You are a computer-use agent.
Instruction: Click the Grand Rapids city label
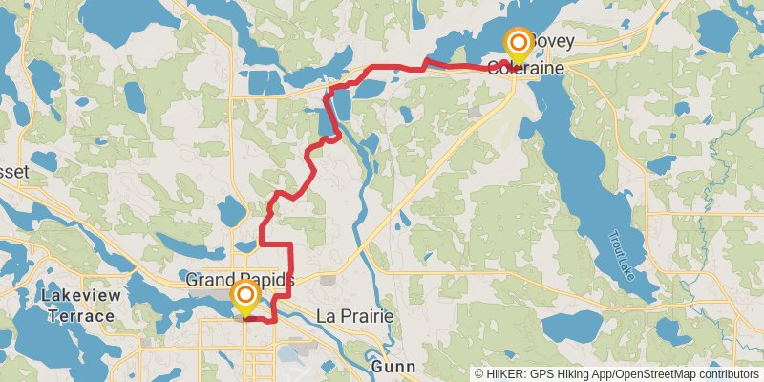point(240,280)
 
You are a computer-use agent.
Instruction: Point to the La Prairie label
point(354,316)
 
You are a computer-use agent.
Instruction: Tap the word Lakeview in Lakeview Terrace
point(81,296)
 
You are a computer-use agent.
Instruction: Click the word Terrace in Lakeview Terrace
point(81,315)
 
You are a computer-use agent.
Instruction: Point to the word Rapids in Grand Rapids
point(266,280)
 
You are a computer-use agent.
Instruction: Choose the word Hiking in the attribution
point(570,374)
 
